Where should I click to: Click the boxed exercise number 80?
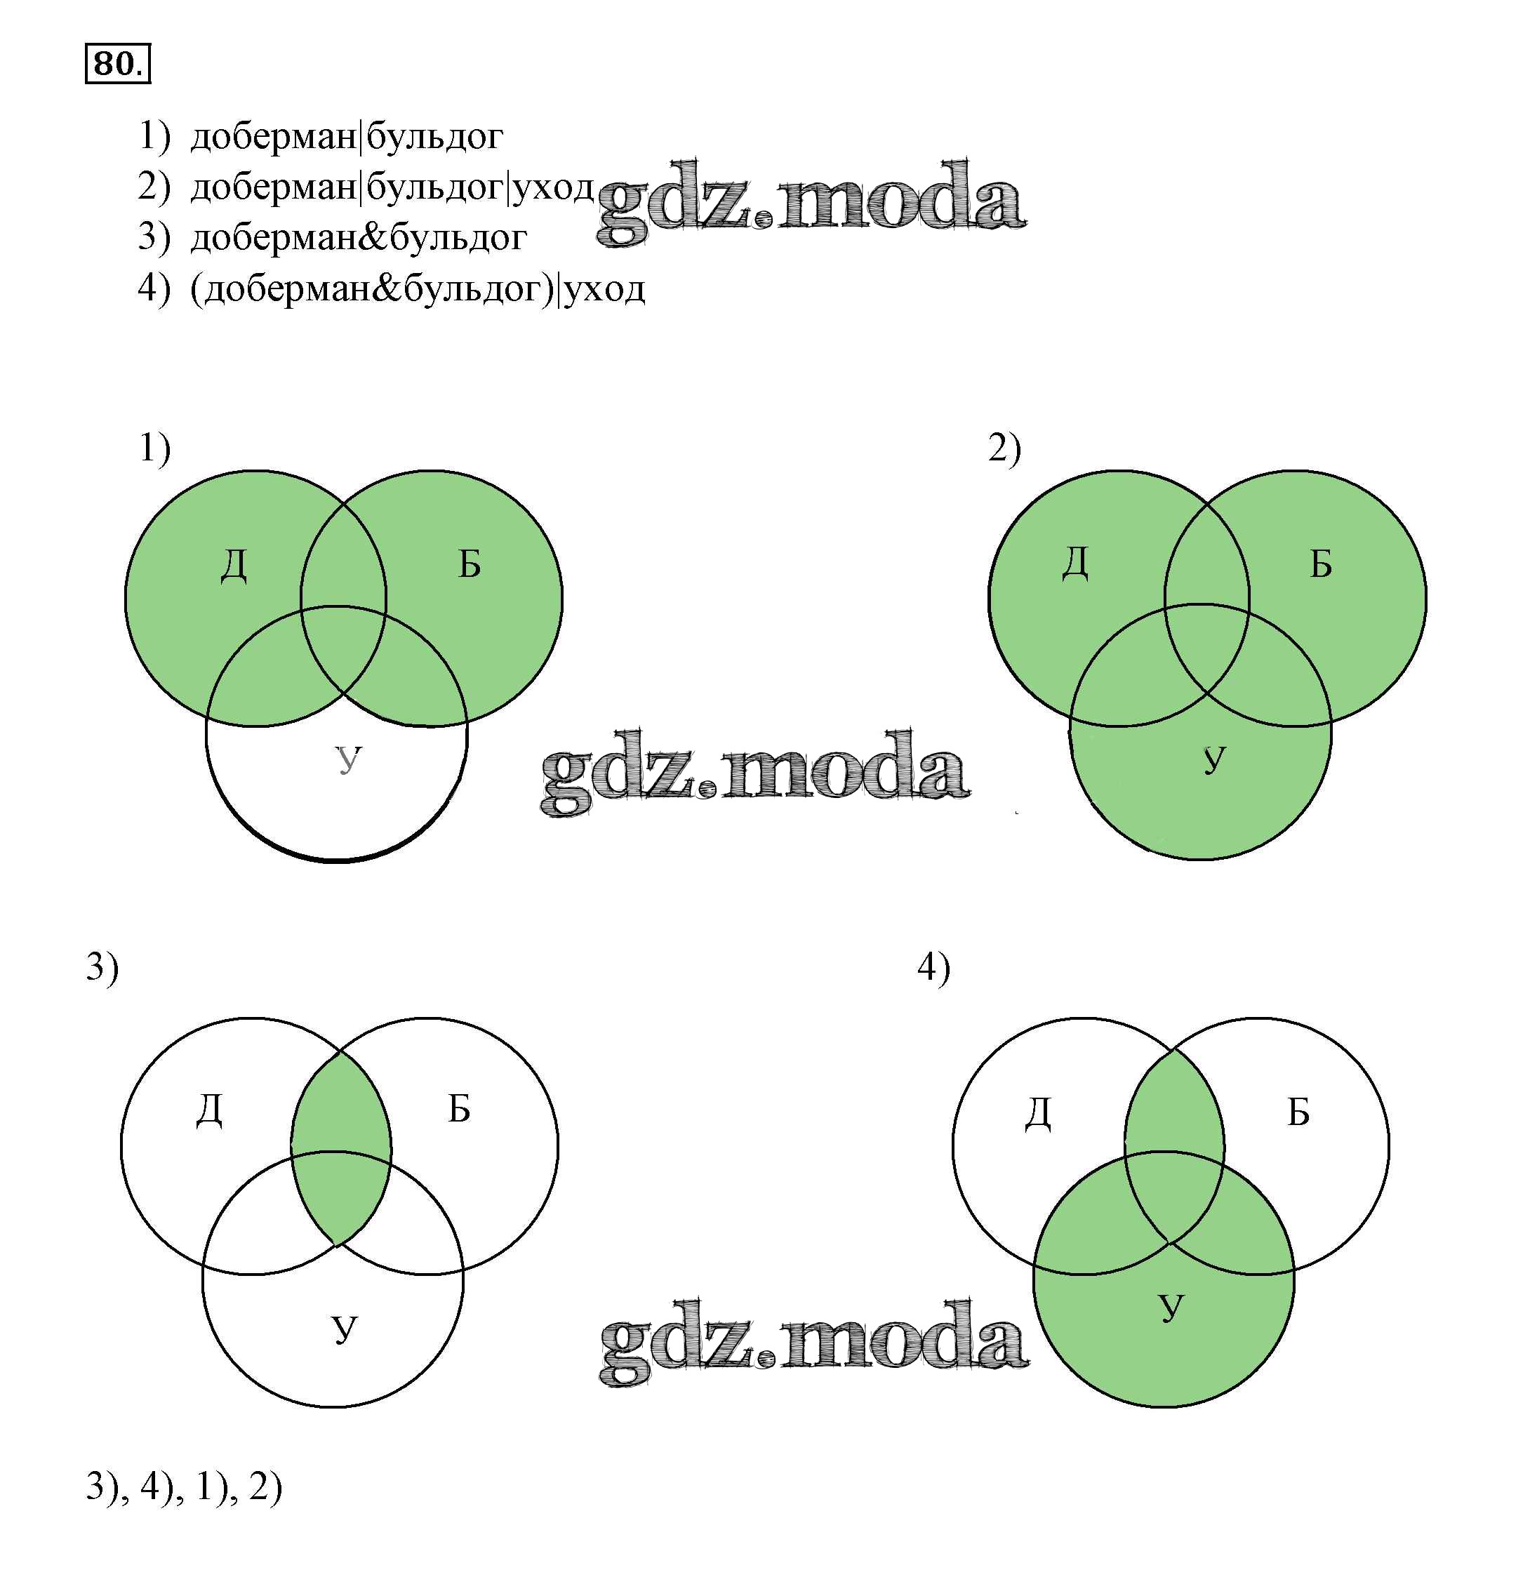pos(118,64)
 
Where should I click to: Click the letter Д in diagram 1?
pos(234,564)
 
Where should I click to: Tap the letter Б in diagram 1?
pos(470,564)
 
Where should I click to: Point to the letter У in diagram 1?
pos(349,759)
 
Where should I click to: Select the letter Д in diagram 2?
pos(1075,563)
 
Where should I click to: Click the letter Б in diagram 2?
pos(1321,564)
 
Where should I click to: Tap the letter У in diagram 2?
pos(1215,759)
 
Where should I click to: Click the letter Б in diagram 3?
pos(459,1109)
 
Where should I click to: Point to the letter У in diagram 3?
pos(345,1328)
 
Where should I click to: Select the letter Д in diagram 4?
pos(1039,1114)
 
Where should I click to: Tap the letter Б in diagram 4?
pos(1298,1113)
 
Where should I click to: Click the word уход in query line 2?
pos(554,188)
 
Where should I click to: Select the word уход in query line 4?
pos(605,289)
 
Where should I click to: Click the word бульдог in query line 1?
pos(435,138)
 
